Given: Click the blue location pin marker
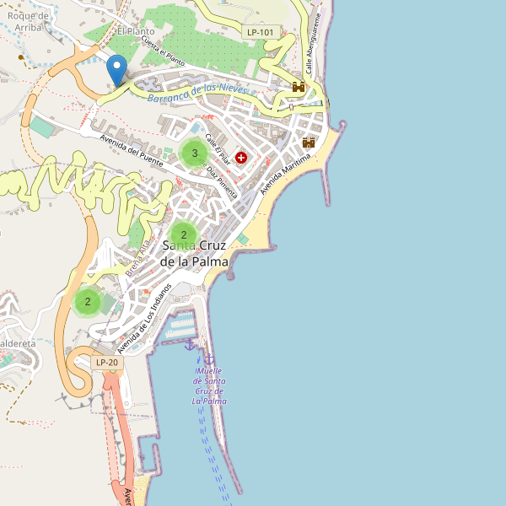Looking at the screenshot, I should (x=117, y=68).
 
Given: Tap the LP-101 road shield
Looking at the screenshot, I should (x=260, y=32).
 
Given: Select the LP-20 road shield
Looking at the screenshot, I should (x=107, y=363).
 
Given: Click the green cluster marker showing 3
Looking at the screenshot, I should (x=195, y=153).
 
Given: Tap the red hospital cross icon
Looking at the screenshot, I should (x=242, y=158).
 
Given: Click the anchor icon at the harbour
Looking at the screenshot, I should (x=190, y=343).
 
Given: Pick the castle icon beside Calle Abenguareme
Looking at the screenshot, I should (x=299, y=87).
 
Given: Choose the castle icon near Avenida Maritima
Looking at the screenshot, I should (x=309, y=143).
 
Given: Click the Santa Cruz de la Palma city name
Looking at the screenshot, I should (x=195, y=253).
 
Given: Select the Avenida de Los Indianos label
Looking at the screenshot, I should (x=144, y=318).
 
